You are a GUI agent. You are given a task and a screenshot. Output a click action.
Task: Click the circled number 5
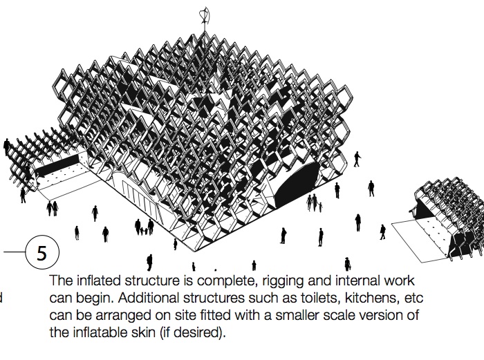[41, 252]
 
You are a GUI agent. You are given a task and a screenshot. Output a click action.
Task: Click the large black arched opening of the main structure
[296, 184]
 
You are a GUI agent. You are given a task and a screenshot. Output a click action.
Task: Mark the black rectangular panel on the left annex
[57, 165]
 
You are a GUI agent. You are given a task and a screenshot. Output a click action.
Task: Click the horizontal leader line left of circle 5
[15, 252]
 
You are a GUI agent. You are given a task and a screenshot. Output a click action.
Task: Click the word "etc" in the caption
[413, 298]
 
